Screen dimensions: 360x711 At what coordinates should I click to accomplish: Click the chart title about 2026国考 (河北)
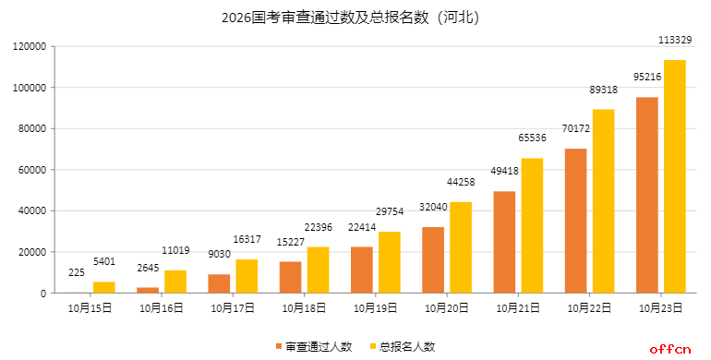coord(355,17)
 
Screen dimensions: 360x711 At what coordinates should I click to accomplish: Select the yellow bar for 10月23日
coord(674,176)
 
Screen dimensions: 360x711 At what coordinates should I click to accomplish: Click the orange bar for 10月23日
coord(646,195)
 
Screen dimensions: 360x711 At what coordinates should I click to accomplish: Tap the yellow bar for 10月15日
coord(104,287)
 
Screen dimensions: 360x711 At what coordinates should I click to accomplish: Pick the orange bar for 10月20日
coord(433,260)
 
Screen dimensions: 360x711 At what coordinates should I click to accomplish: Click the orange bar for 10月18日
coord(290,277)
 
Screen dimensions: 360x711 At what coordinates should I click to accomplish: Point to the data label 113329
coord(674,40)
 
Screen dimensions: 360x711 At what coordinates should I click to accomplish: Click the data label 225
coord(77,272)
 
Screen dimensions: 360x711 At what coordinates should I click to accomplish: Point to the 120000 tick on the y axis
coord(30,46)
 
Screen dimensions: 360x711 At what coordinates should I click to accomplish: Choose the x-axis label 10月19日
coord(375,308)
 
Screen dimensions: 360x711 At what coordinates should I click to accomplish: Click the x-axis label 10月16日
coord(161,308)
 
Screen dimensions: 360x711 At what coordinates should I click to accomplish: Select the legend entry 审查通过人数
coord(313,346)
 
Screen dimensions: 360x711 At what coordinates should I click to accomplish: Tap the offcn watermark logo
coord(670,348)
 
